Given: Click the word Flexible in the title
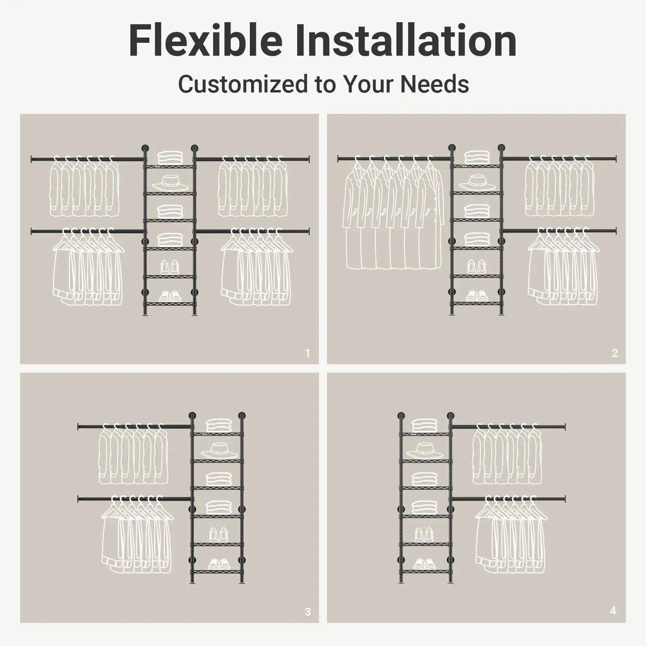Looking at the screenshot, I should pyautogui.click(x=205, y=41).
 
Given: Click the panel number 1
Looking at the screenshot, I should pyautogui.click(x=307, y=353).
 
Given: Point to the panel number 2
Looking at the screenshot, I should pyautogui.click(x=615, y=353).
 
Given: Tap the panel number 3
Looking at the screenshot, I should pyautogui.click(x=308, y=612).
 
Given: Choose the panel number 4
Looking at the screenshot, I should pyautogui.click(x=613, y=610).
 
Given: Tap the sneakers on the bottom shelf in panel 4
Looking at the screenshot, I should pyautogui.click(x=424, y=564).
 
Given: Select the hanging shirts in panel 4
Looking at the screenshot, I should pyautogui.click(x=507, y=456).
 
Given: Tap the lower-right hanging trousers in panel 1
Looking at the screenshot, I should pyautogui.click(x=255, y=271).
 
